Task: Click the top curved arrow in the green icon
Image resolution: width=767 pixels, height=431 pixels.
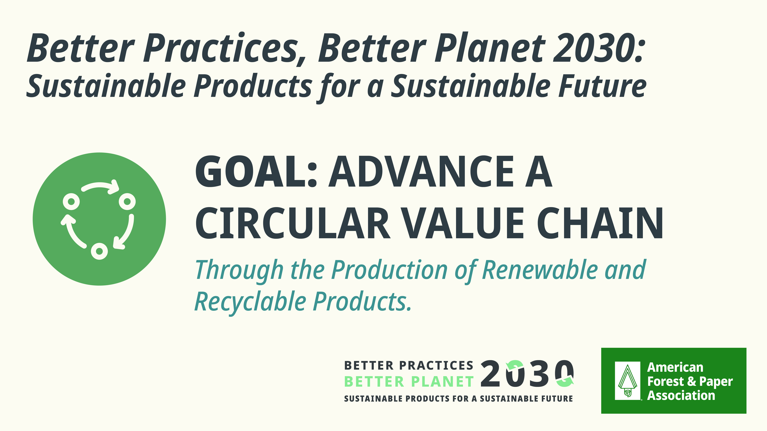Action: pos(100,186)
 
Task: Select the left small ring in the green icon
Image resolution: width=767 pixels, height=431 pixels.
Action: pos(71,202)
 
